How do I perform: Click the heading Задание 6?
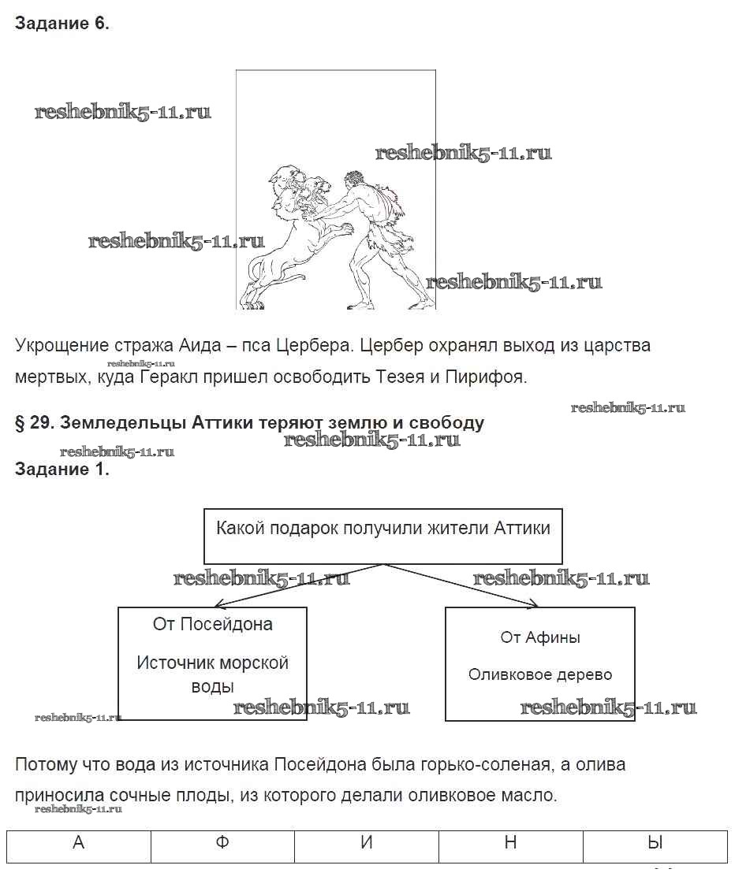62,24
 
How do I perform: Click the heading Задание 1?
62,470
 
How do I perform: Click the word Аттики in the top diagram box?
522,528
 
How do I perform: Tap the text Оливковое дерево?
540,675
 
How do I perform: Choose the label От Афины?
540,637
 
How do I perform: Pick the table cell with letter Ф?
222,844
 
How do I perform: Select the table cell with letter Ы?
654,844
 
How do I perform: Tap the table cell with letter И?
366,844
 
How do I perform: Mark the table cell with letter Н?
510,844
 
